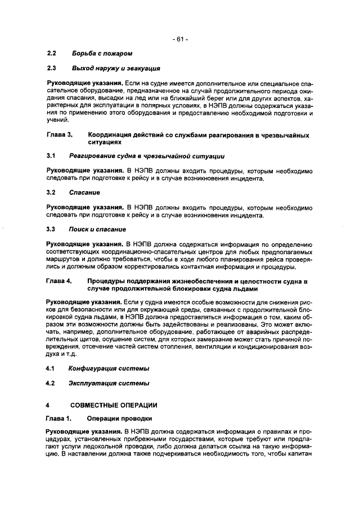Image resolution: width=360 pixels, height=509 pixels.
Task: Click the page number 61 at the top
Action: [x=180, y=39]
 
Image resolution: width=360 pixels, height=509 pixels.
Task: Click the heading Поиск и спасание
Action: [x=97, y=229]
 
